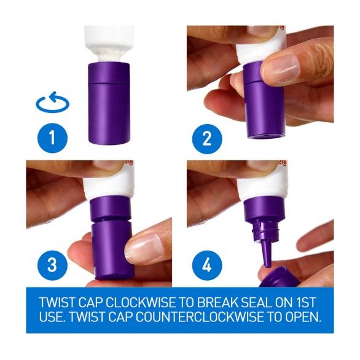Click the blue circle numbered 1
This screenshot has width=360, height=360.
coord(53,138)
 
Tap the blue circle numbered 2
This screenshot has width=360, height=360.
coord(207,139)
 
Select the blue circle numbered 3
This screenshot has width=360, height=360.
coord(53,265)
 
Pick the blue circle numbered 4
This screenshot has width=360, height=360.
coord(207,265)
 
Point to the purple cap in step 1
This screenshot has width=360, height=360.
coord(109,103)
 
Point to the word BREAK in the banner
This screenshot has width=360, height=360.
coord(217,302)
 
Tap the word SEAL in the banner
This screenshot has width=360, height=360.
coord(257,302)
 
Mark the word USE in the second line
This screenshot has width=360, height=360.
coord(52,317)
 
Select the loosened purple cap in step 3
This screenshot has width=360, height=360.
coord(112,250)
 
